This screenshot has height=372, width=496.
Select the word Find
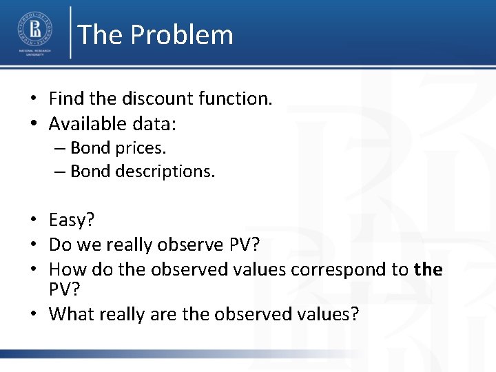point(63,99)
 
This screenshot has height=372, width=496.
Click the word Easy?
point(72,220)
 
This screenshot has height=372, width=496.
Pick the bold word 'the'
point(428,269)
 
